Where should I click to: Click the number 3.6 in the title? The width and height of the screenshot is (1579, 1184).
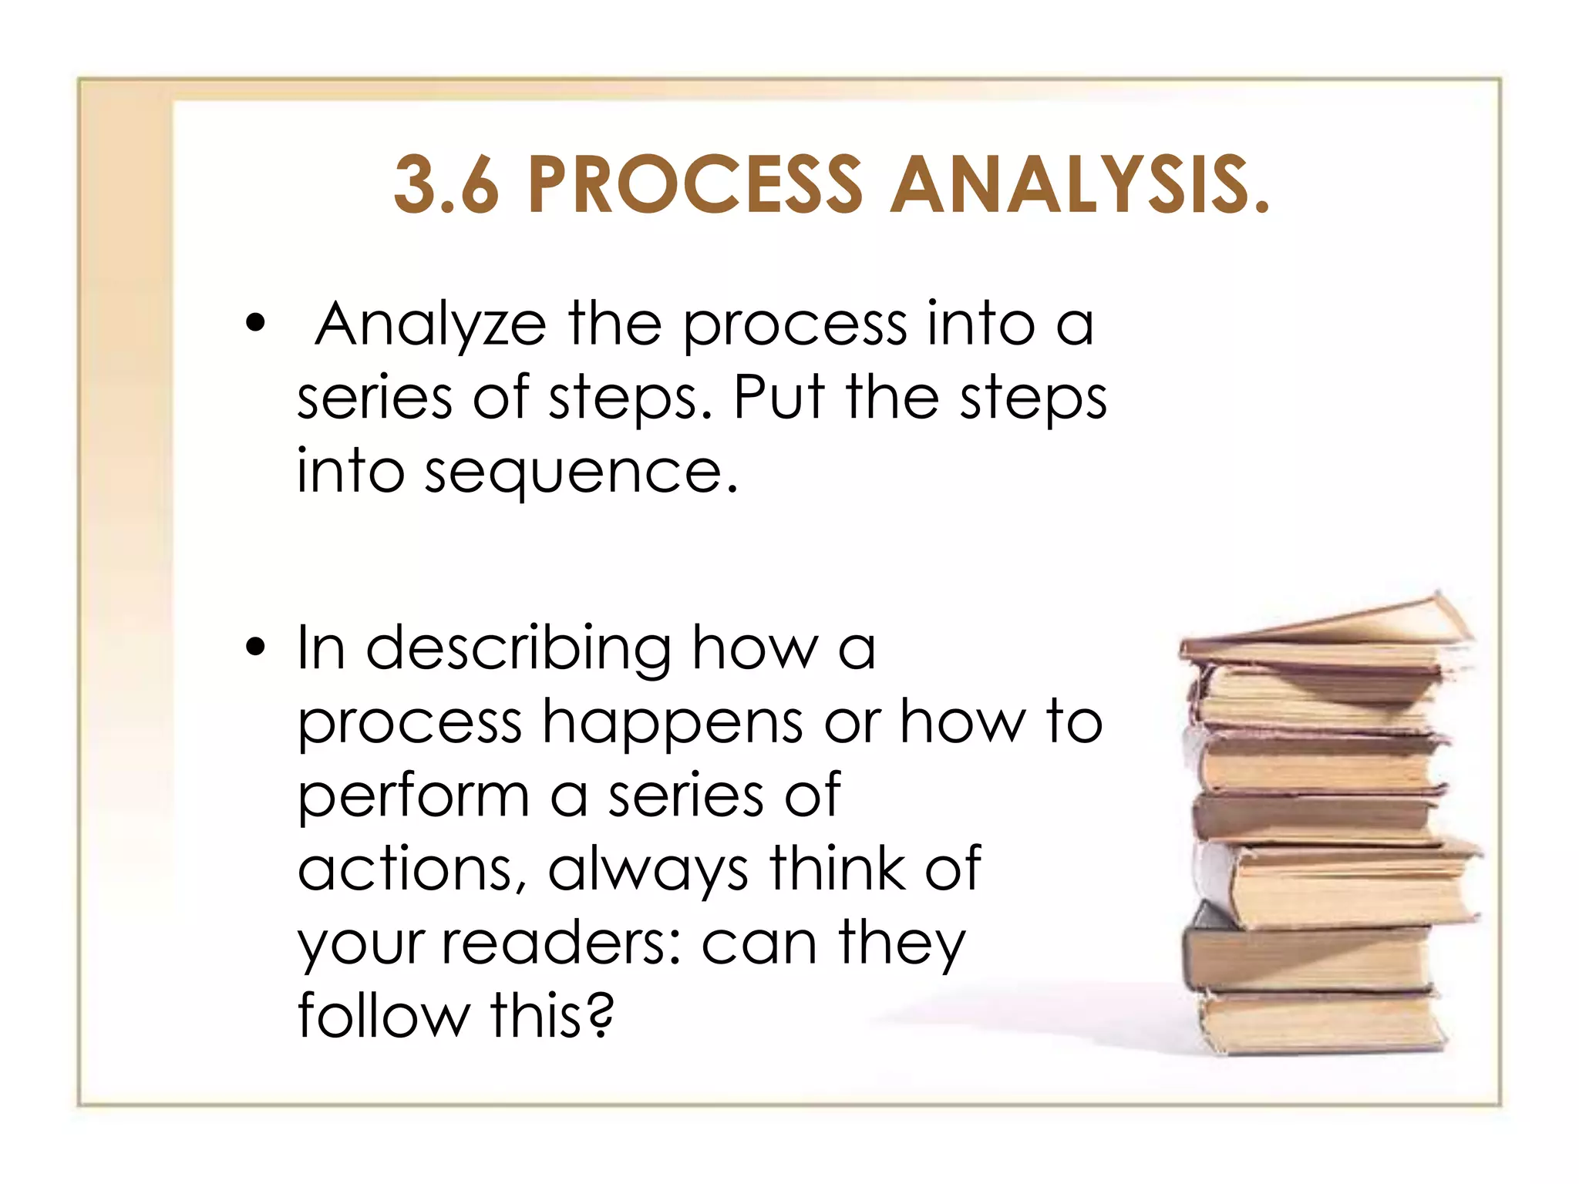446,185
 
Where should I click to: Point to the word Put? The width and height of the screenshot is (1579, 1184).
779,398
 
